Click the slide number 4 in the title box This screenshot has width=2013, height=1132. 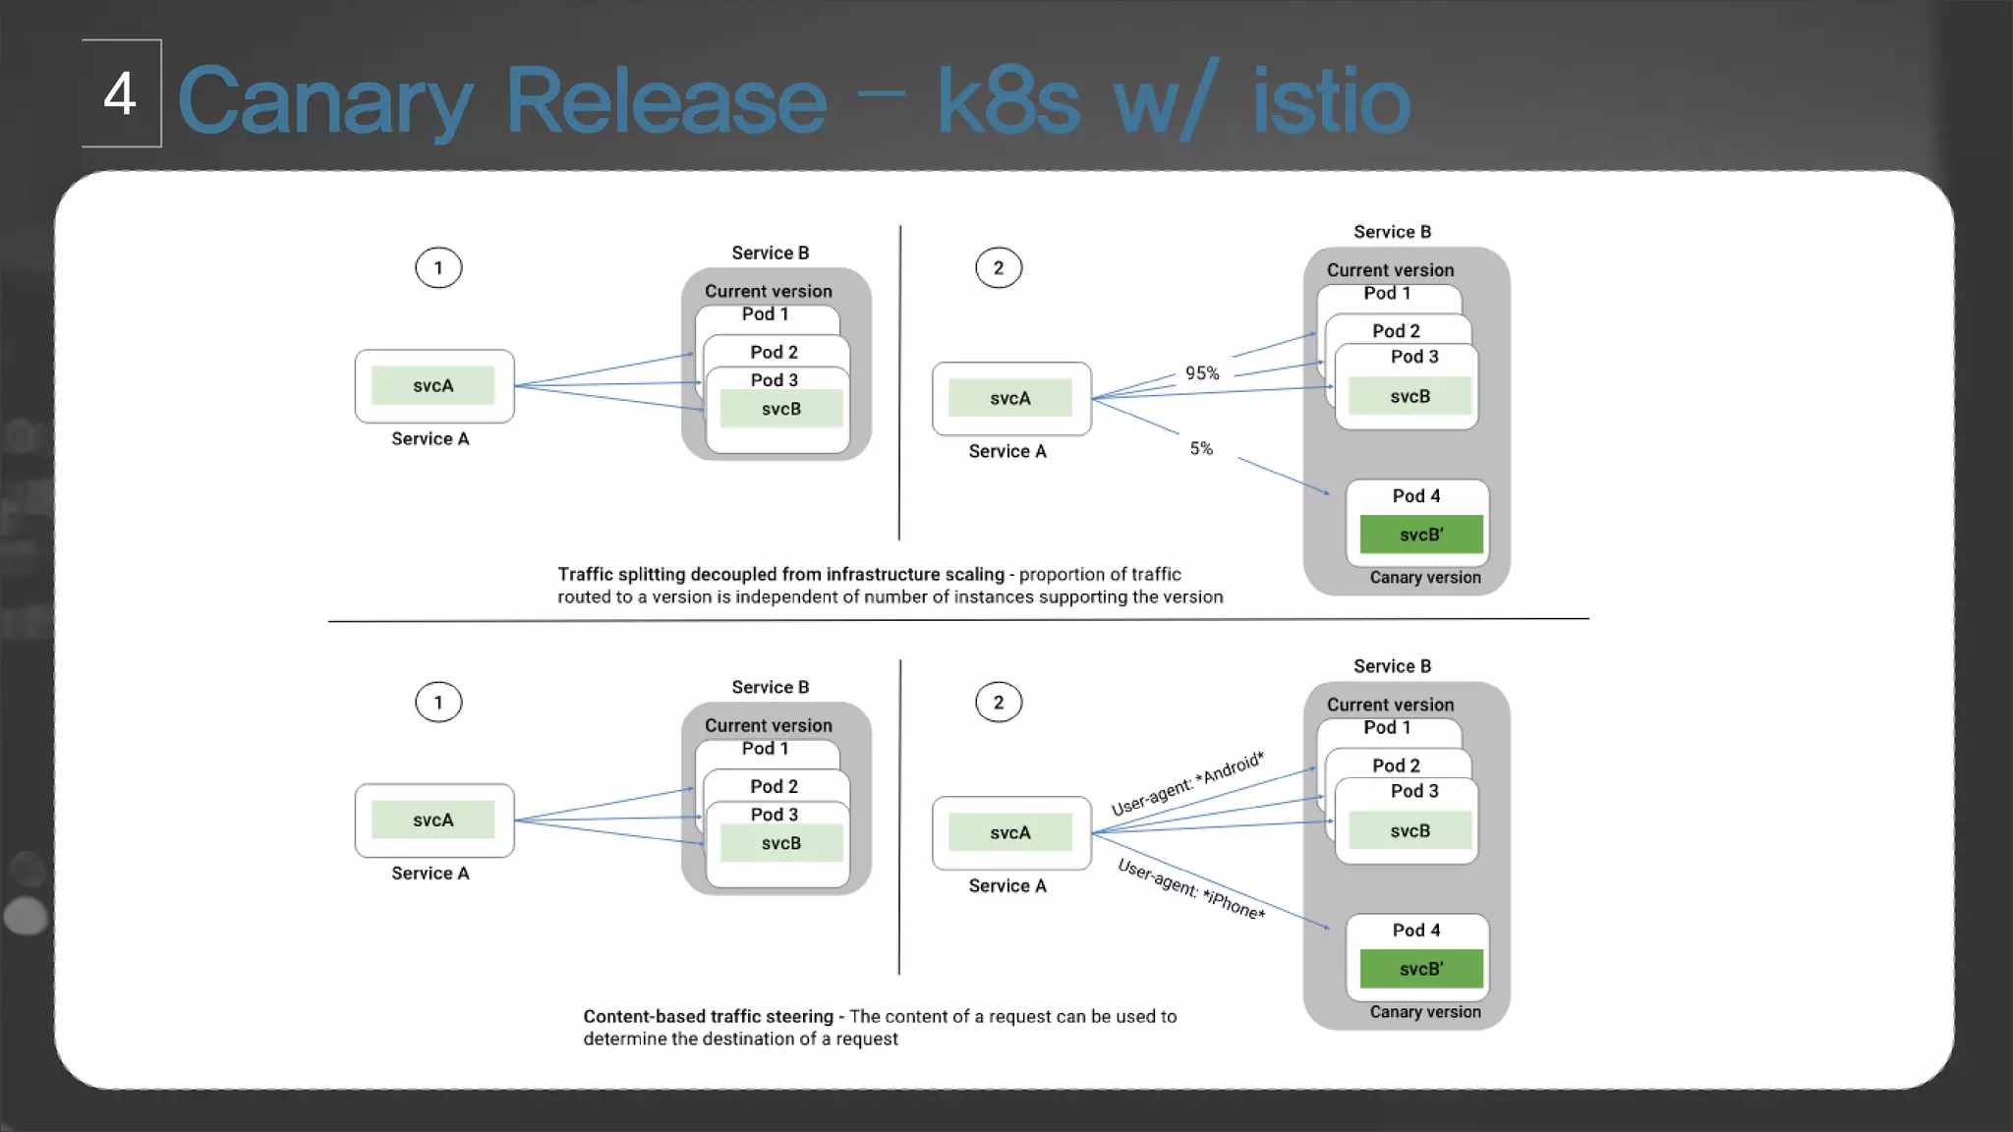click(120, 94)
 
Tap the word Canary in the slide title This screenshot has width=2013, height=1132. click(325, 101)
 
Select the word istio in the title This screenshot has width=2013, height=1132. click(1331, 101)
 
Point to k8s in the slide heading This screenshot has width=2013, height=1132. click(1007, 101)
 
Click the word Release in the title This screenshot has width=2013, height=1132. click(665, 101)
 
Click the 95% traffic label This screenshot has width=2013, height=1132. click(1202, 373)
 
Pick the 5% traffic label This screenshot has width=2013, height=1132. click(1201, 449)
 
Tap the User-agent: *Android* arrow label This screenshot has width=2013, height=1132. click(1187, 783)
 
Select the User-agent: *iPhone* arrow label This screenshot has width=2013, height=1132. click(1191, 889)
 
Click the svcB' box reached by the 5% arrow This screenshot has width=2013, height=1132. click(1421, 535)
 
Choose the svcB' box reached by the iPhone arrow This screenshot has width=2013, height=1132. click(1421, 969)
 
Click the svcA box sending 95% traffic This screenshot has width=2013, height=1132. click(1010, 398)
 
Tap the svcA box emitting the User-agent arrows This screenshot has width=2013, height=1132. click(1010, 832)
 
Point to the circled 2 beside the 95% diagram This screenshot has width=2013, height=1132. click(999, 267)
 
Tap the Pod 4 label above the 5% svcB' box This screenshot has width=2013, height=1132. click(1416, 496)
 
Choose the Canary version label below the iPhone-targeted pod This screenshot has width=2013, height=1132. click(1425, 1012)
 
